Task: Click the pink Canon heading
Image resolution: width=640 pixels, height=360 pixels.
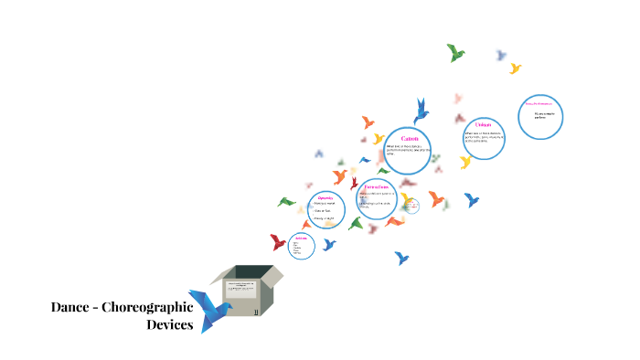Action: [410, 138]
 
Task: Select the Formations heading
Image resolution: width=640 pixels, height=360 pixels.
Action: [377, 185]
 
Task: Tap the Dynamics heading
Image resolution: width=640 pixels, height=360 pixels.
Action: [325, 198]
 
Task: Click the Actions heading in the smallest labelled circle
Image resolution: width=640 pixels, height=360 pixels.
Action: [301, 238]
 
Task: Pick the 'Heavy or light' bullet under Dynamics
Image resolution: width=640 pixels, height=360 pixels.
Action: [325, 218]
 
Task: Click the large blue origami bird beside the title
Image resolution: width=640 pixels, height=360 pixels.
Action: [209, 309]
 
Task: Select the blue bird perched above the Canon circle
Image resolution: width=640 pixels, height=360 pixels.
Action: [421, 110]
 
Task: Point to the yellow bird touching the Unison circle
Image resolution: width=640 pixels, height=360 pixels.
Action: [465, 162]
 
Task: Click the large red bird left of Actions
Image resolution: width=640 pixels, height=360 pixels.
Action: [278, 242]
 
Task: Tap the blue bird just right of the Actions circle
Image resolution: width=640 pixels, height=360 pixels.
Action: [329, 245]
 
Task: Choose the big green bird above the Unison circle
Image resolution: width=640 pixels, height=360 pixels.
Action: [455, 52]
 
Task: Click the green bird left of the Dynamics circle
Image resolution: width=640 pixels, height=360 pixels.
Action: [287, 201]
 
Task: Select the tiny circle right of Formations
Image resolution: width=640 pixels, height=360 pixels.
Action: [412, 208]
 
